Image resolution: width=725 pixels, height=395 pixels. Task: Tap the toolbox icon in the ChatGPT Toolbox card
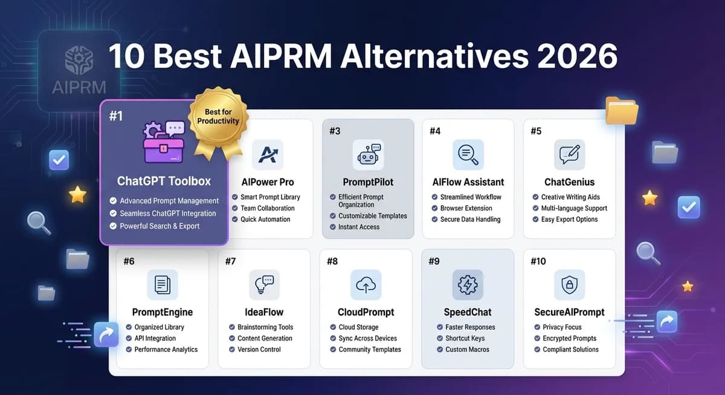pyautogui.click(x=163, y=142)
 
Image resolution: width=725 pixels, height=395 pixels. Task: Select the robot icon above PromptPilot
pyautogui.click(x=368, y=155)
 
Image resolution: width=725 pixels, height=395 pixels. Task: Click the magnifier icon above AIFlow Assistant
pyautogui.click(x=468, y=155)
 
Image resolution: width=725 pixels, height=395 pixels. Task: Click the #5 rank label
pyautogui.click(x=536, y=131)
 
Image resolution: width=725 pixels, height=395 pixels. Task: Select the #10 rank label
pyautogui.click(x=538, y=261)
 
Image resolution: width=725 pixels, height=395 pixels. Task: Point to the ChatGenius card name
pyautogui.click(x=569, y=182)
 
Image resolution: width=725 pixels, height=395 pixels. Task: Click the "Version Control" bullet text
pyautogui.click(x=259, y=349)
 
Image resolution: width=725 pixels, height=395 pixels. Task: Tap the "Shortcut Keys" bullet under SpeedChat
pyautogui.click(x=465, y=338)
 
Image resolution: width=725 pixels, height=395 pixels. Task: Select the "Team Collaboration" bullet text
pyautogui.click(x=268, y=208)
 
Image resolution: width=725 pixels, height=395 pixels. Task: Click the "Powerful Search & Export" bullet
pyautogui.click(x=159, y=226)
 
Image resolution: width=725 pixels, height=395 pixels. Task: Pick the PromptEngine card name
pyautogui.click(x=163, y=312)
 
